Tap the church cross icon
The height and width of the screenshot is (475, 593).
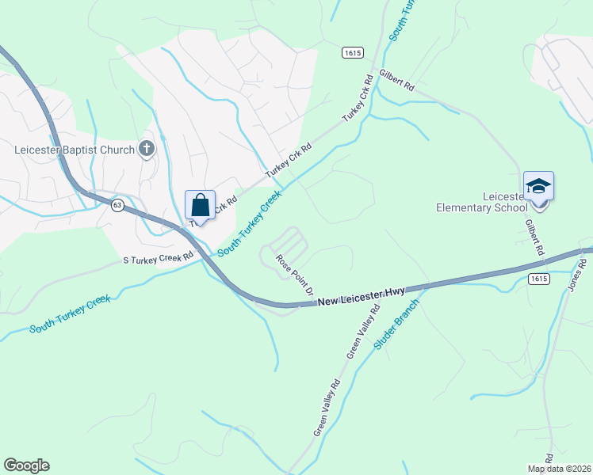146,148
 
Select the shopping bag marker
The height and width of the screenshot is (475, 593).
201,206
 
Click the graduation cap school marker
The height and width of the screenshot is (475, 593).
538,188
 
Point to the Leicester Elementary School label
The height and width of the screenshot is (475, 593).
481,202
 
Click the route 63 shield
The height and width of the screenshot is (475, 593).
117,204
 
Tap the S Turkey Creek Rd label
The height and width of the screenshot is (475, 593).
158,259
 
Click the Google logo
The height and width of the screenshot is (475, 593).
26,465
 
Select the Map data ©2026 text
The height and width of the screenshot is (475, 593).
560,469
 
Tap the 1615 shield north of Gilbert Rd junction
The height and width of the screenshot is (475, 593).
354,52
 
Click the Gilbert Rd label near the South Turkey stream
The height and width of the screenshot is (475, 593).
397,83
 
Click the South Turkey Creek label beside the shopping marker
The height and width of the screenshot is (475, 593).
250,223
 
